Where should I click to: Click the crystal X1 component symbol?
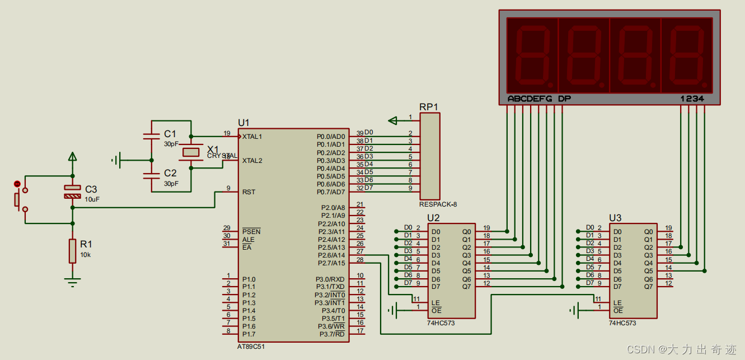pos(191,152)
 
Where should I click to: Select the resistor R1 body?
pos(73,251)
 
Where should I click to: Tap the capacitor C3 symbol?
pos(73,192)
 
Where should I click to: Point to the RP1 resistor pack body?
pos(430,156)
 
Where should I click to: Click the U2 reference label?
pos(433,218)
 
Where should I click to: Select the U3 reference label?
pos(615,218)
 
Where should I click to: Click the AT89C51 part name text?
pos(251,347)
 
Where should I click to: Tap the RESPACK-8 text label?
pos(438,204)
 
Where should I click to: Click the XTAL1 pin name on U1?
pos(252,137)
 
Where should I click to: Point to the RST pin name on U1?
pos(249,192)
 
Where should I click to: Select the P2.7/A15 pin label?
pos(331,263)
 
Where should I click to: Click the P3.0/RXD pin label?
pos(330,279)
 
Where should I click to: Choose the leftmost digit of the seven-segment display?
pos(532,55)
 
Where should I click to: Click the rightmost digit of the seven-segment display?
pos(687,55)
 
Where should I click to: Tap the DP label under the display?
pos(564,99)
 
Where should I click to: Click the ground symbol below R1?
pos(73,283)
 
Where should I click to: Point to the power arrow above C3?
pos(73,157)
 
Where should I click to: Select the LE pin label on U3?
pos(617,303)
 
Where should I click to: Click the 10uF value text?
pos(92,199)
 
